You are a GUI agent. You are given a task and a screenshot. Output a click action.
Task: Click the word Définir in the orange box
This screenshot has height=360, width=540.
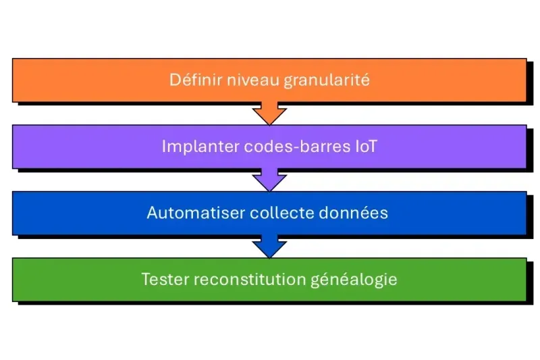click(190, 80)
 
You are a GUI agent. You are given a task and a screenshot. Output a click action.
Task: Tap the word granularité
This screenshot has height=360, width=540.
click(327, 81)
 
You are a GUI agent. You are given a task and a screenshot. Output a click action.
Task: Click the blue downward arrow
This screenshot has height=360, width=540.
click(269, 247)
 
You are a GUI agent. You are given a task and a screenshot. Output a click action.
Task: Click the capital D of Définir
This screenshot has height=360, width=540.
click(174, 80)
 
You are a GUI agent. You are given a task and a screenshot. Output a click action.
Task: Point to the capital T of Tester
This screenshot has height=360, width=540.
click(146, 279)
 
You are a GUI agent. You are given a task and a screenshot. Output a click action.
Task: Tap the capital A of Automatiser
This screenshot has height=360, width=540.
click(152, 213)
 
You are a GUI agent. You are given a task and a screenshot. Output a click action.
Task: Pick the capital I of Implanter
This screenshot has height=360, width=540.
click(164, 147)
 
